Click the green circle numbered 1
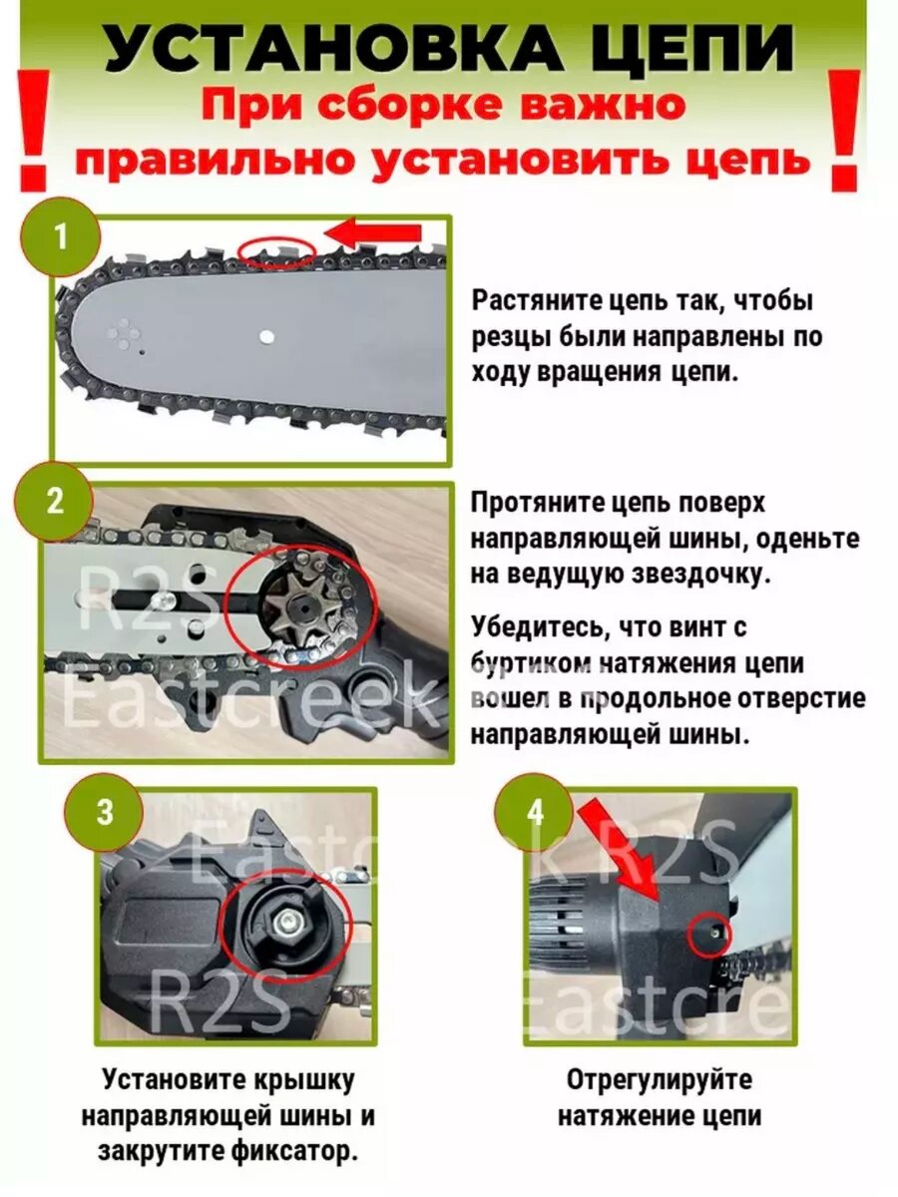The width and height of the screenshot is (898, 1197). pyautogui.click(x=61, y=238)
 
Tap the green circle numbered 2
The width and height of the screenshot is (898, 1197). pyautogui.click(x=55, y=501)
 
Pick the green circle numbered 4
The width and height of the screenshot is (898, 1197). pyautogui.click(x=535, y=813)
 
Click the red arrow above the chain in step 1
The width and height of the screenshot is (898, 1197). pyautogui.click(x=373, y=232)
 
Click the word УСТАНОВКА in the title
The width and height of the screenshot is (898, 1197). pyautogui.click(x=331, y=49)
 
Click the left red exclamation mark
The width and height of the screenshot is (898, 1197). pyautogui.click(x=35, y=131)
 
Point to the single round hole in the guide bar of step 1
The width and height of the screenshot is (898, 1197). pyautogui.click(x=266, y=336)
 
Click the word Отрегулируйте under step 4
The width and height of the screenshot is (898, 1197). pyautogui.click(x=660, y=1063)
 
